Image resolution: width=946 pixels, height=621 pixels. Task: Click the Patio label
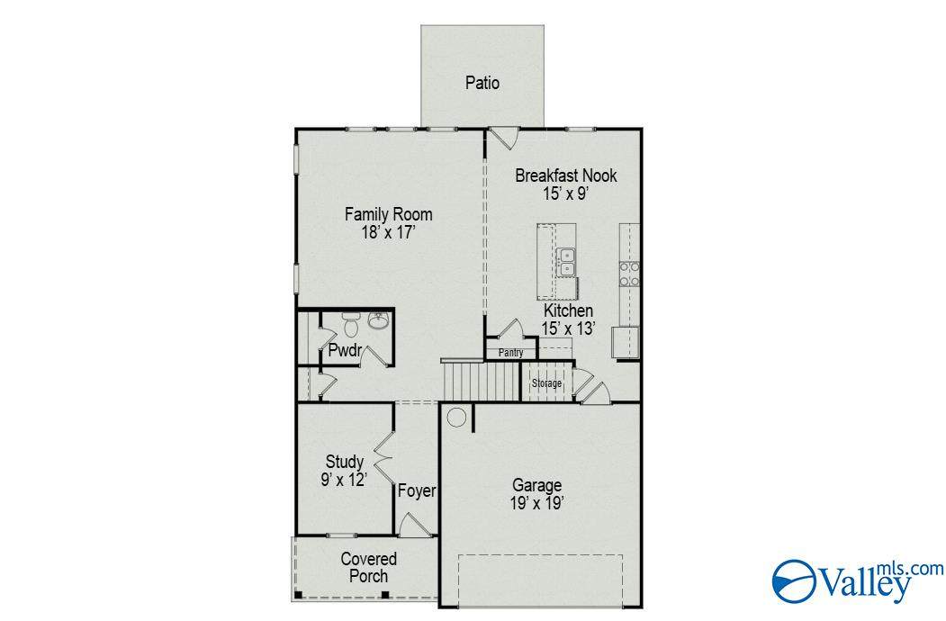482,83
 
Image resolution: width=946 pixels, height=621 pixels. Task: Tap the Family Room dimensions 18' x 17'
389,232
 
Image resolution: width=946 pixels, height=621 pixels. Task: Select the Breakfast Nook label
566,175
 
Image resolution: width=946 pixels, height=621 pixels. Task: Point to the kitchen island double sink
566,263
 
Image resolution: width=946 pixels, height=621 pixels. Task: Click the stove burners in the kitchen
629,274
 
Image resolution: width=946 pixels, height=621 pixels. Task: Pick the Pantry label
510,353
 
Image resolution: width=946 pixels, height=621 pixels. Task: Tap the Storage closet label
546,383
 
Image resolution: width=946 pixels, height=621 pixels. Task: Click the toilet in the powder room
350,325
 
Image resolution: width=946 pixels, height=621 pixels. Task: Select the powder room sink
379,321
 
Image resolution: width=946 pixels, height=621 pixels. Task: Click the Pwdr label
345,350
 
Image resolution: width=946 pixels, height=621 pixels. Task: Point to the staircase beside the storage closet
482,381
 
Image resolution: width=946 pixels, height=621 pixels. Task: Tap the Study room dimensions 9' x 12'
344,480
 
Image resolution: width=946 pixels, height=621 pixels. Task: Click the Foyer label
416,491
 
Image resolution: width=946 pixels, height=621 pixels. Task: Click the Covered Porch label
369,567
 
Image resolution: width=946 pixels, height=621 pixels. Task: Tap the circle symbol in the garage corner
456,418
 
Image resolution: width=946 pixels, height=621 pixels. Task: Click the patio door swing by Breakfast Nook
504,138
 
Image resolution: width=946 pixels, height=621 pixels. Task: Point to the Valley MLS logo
857,580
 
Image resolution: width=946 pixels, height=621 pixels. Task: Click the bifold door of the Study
383,457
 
